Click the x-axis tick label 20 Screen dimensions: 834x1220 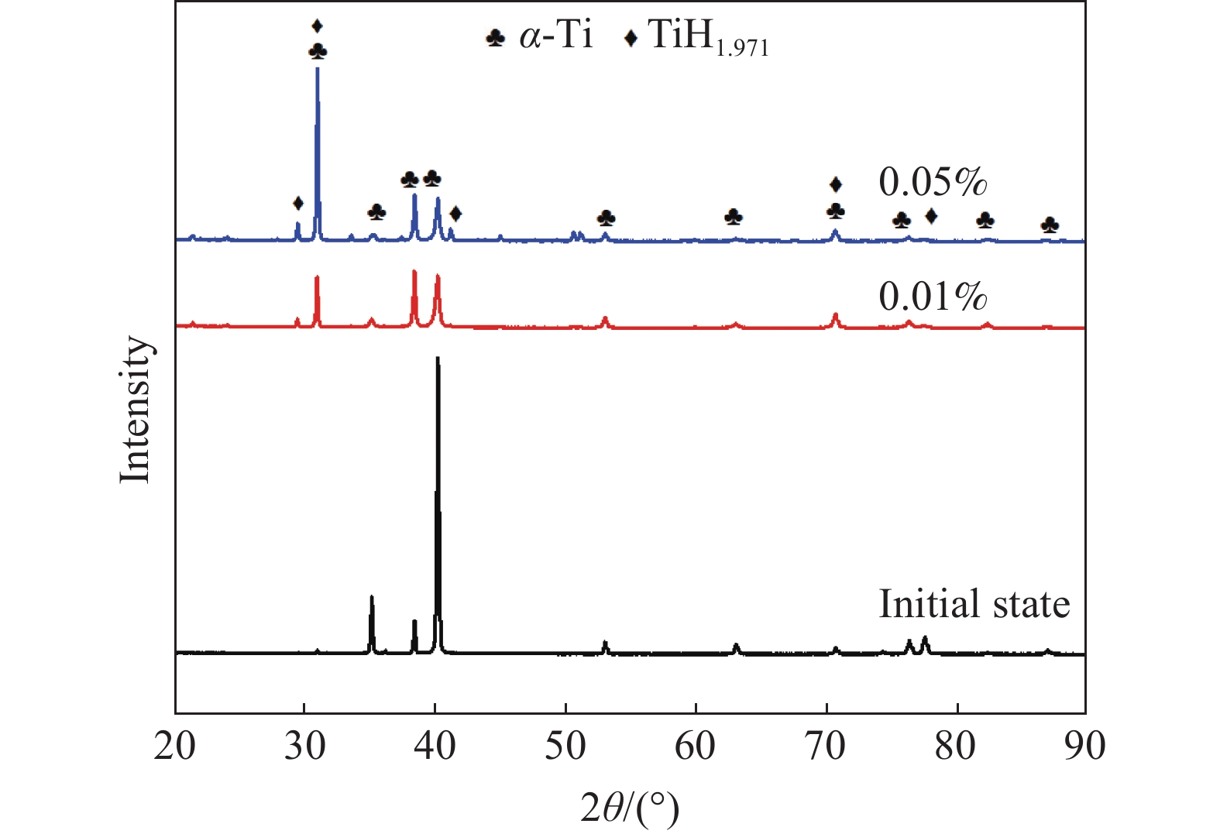(x=175, y=746)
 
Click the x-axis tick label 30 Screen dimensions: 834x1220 (x=305, y=746)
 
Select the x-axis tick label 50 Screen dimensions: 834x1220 (x=566, y=746)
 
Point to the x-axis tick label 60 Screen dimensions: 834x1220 (x=696, y=746)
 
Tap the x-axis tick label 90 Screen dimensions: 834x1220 (x=1084, y=746)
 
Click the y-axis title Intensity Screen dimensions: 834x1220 (x=136, y=410)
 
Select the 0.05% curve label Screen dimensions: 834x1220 (x=933, y=183)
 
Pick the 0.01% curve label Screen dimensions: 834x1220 (x=933, y=297)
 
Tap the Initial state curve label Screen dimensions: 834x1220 (x=974, y=604)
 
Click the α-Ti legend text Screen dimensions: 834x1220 (x=556, y=36)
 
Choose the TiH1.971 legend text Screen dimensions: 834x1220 (x=707, y=37)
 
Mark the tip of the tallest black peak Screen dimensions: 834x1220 (x=438, y=358)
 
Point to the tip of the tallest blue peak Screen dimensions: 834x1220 (x=317, y=69)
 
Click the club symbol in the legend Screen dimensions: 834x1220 (x=495, y=37)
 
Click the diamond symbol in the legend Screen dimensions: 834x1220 (x=631, y=37)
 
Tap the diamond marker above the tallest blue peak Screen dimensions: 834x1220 (x=317, y=26)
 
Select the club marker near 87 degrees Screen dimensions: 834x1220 (x=1050, y=225)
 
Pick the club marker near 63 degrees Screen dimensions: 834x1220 (x=733, y=217)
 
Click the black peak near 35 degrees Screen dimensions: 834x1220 (x=372, y=597)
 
